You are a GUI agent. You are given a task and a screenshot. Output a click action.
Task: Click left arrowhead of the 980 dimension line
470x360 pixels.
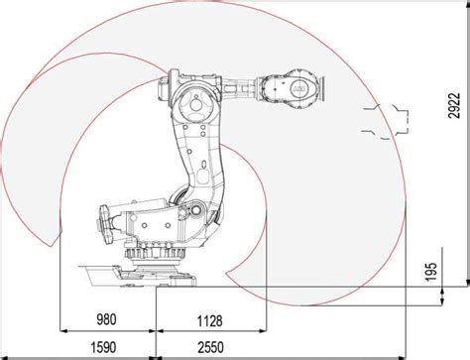(x=63, y=329)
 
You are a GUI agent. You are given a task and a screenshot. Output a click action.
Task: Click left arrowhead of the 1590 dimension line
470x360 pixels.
(x=63, y=356)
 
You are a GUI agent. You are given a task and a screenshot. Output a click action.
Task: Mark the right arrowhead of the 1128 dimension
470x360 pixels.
(x=264, y=329)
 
